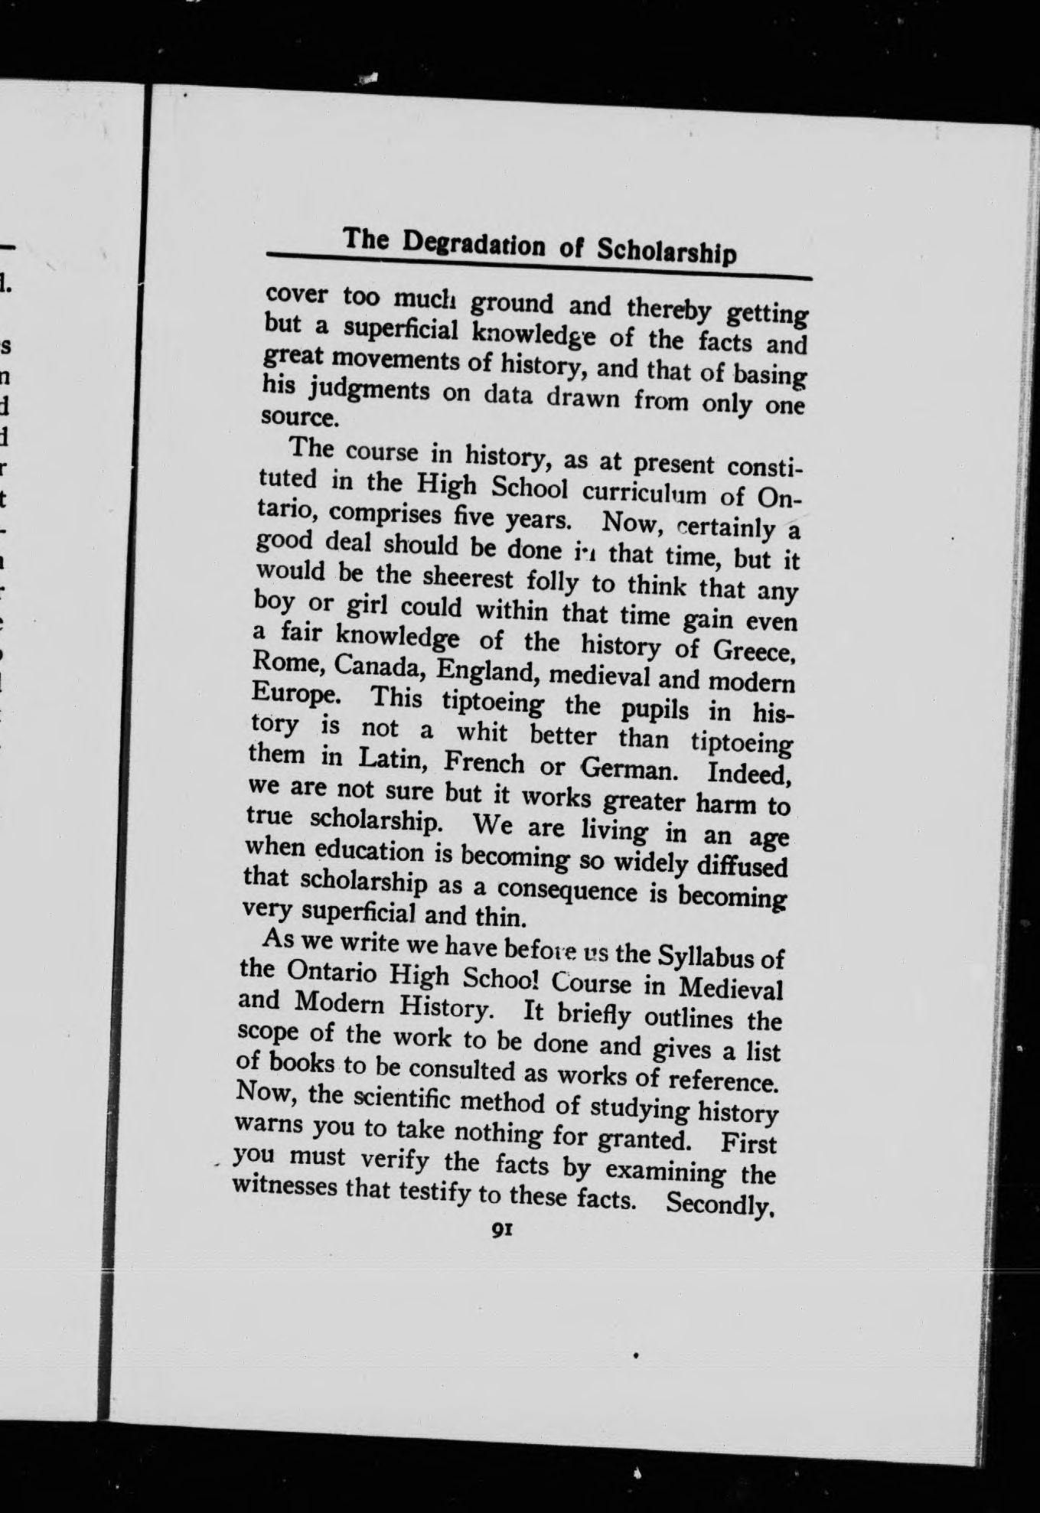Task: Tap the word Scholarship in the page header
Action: point(666,251)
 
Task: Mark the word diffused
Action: point(740,867)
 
